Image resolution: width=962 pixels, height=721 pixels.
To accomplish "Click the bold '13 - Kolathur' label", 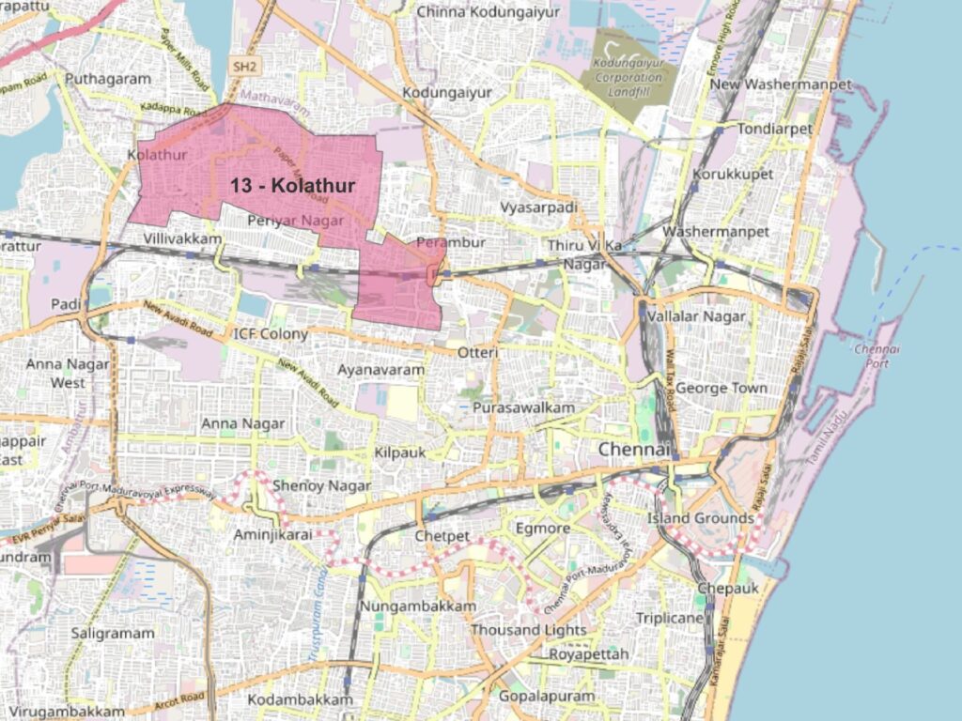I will click(292, 186).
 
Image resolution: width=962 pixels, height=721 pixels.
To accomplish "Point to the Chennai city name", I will click(634, 450).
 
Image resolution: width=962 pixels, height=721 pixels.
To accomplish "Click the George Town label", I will click(721, 388).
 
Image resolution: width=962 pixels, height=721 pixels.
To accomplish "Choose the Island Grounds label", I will click(700, 518).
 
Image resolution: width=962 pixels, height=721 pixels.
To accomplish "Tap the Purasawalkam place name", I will click(523, 408).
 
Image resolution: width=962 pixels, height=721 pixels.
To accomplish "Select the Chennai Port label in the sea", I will click(877, 356).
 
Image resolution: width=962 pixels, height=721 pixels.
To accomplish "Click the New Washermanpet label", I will click(781, 84).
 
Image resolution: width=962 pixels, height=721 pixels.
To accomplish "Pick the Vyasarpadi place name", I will click(538, 207).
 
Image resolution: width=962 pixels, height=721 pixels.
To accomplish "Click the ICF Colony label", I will click(271, 334).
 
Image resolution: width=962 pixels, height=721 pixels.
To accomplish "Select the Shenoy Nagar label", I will click(321, 485).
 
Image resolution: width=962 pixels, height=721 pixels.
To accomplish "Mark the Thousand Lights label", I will click(529, 630).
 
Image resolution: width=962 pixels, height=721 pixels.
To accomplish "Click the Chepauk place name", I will click(727, 589).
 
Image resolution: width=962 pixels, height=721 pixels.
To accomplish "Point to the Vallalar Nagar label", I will click(696, 316).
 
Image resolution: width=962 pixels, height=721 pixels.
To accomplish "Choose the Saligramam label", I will click(112, 634).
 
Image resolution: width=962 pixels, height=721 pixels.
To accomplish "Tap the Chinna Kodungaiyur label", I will click(488, 12).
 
